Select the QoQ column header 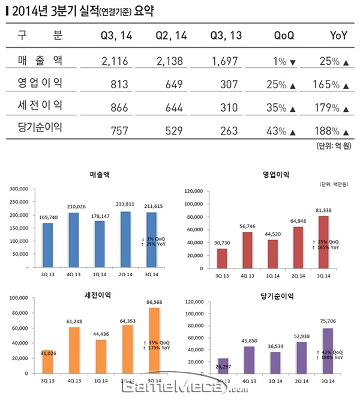coord(284,36)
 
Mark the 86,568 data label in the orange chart coord(155,302)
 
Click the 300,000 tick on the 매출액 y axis coord(19,189)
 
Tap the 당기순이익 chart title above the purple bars coord(273,295)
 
